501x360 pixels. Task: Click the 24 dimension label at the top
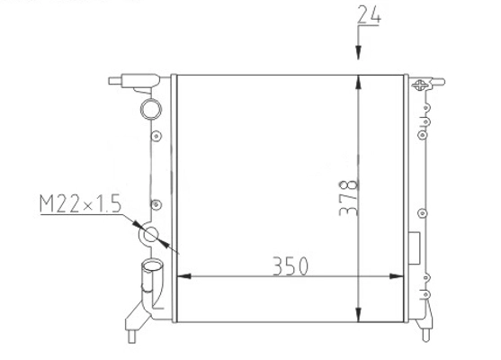tap(369, 14)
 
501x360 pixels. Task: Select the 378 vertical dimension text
tap(349, 198)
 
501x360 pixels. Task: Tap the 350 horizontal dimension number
tap(291, 266)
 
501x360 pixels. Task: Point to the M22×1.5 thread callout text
tap(80, 203)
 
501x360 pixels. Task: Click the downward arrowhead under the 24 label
tap(358, 52)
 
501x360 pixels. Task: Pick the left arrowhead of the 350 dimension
tap(184, 276)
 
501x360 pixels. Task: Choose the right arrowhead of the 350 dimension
tap(396, 276)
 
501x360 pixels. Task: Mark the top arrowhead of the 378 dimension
tap(358, 82)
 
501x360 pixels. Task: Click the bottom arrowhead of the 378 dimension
tap(358, 315)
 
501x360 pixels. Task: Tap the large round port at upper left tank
tap(151, 109)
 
